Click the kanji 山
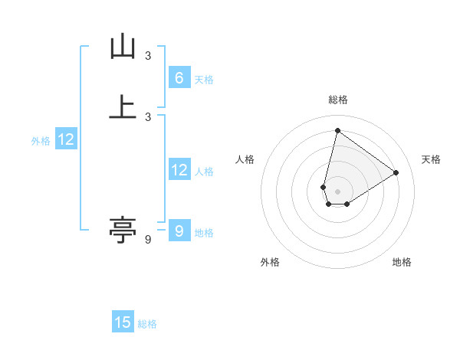pyautogui.click(x=123, y=47)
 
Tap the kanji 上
pyautogui.click(x=123, y=106)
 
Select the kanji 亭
pyautogui.click(x=123, y=229)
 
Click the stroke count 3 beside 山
pyautogui.click(x=148, y=56)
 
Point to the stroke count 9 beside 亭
pyautogui.click(x=148, y=240)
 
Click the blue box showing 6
pyautogui.click(x=179, y=77)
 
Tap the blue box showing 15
pyautogui.click(x=123, y=322)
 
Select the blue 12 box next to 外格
pyautogui.click(x=66, y=139)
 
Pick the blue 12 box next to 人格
pyautogui.click(x=179, y=170)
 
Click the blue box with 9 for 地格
pyautogui.click(x=179, y=231)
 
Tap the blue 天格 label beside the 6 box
pyautogui.click(x=204, y=80)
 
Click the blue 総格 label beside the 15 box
pyautogui.click(x=147, y=325)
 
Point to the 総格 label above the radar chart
pyautogui.click(x=337, y=100)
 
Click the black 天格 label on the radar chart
pyautogui.click(x=431, y=159)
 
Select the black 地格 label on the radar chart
pyautogui.click(x=402, y=262)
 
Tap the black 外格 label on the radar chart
pyautogui.click(x=270, y=262)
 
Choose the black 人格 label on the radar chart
pyautogui.click(x=245, y=159)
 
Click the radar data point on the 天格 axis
pyautogui.click(x=396, y=172)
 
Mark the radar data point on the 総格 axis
pyautogui.click(x=337, y=130)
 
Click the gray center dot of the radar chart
pyautogui.click(x=337, y=191)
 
